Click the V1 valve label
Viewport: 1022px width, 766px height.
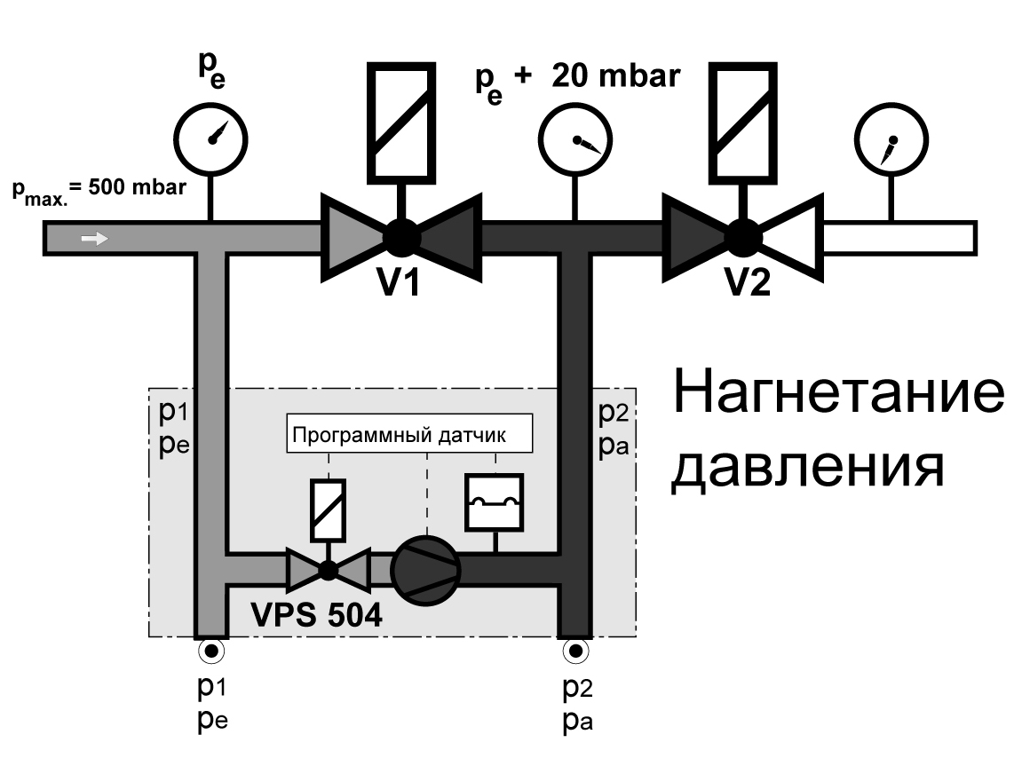(399, 282)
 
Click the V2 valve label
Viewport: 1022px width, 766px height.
(748, 282)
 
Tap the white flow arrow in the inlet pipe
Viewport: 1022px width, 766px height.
(94, 239)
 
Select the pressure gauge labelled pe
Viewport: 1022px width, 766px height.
(211, 139)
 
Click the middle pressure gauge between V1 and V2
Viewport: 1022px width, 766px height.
(575, 139)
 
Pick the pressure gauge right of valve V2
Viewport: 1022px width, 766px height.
(891, 139)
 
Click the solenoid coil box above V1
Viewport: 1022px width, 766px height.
(400, 122)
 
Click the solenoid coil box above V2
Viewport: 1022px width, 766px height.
(743, 122)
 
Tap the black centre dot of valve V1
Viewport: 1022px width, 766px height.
(401, 238)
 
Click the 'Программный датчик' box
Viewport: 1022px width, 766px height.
(409, 433)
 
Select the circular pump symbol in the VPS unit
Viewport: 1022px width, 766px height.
(425, 571)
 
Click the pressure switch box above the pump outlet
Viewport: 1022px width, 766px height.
(495, 502)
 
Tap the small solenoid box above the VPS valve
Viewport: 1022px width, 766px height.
(328, 510)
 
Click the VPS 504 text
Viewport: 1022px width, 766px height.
(316, 614)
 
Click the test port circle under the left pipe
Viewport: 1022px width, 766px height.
(211, 651)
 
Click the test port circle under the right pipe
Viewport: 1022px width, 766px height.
(575, 651)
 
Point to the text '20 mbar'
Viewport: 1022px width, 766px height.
(616, 76)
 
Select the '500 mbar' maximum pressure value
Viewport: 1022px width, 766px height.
(137, 187)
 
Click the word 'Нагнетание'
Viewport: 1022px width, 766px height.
(839, 392)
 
